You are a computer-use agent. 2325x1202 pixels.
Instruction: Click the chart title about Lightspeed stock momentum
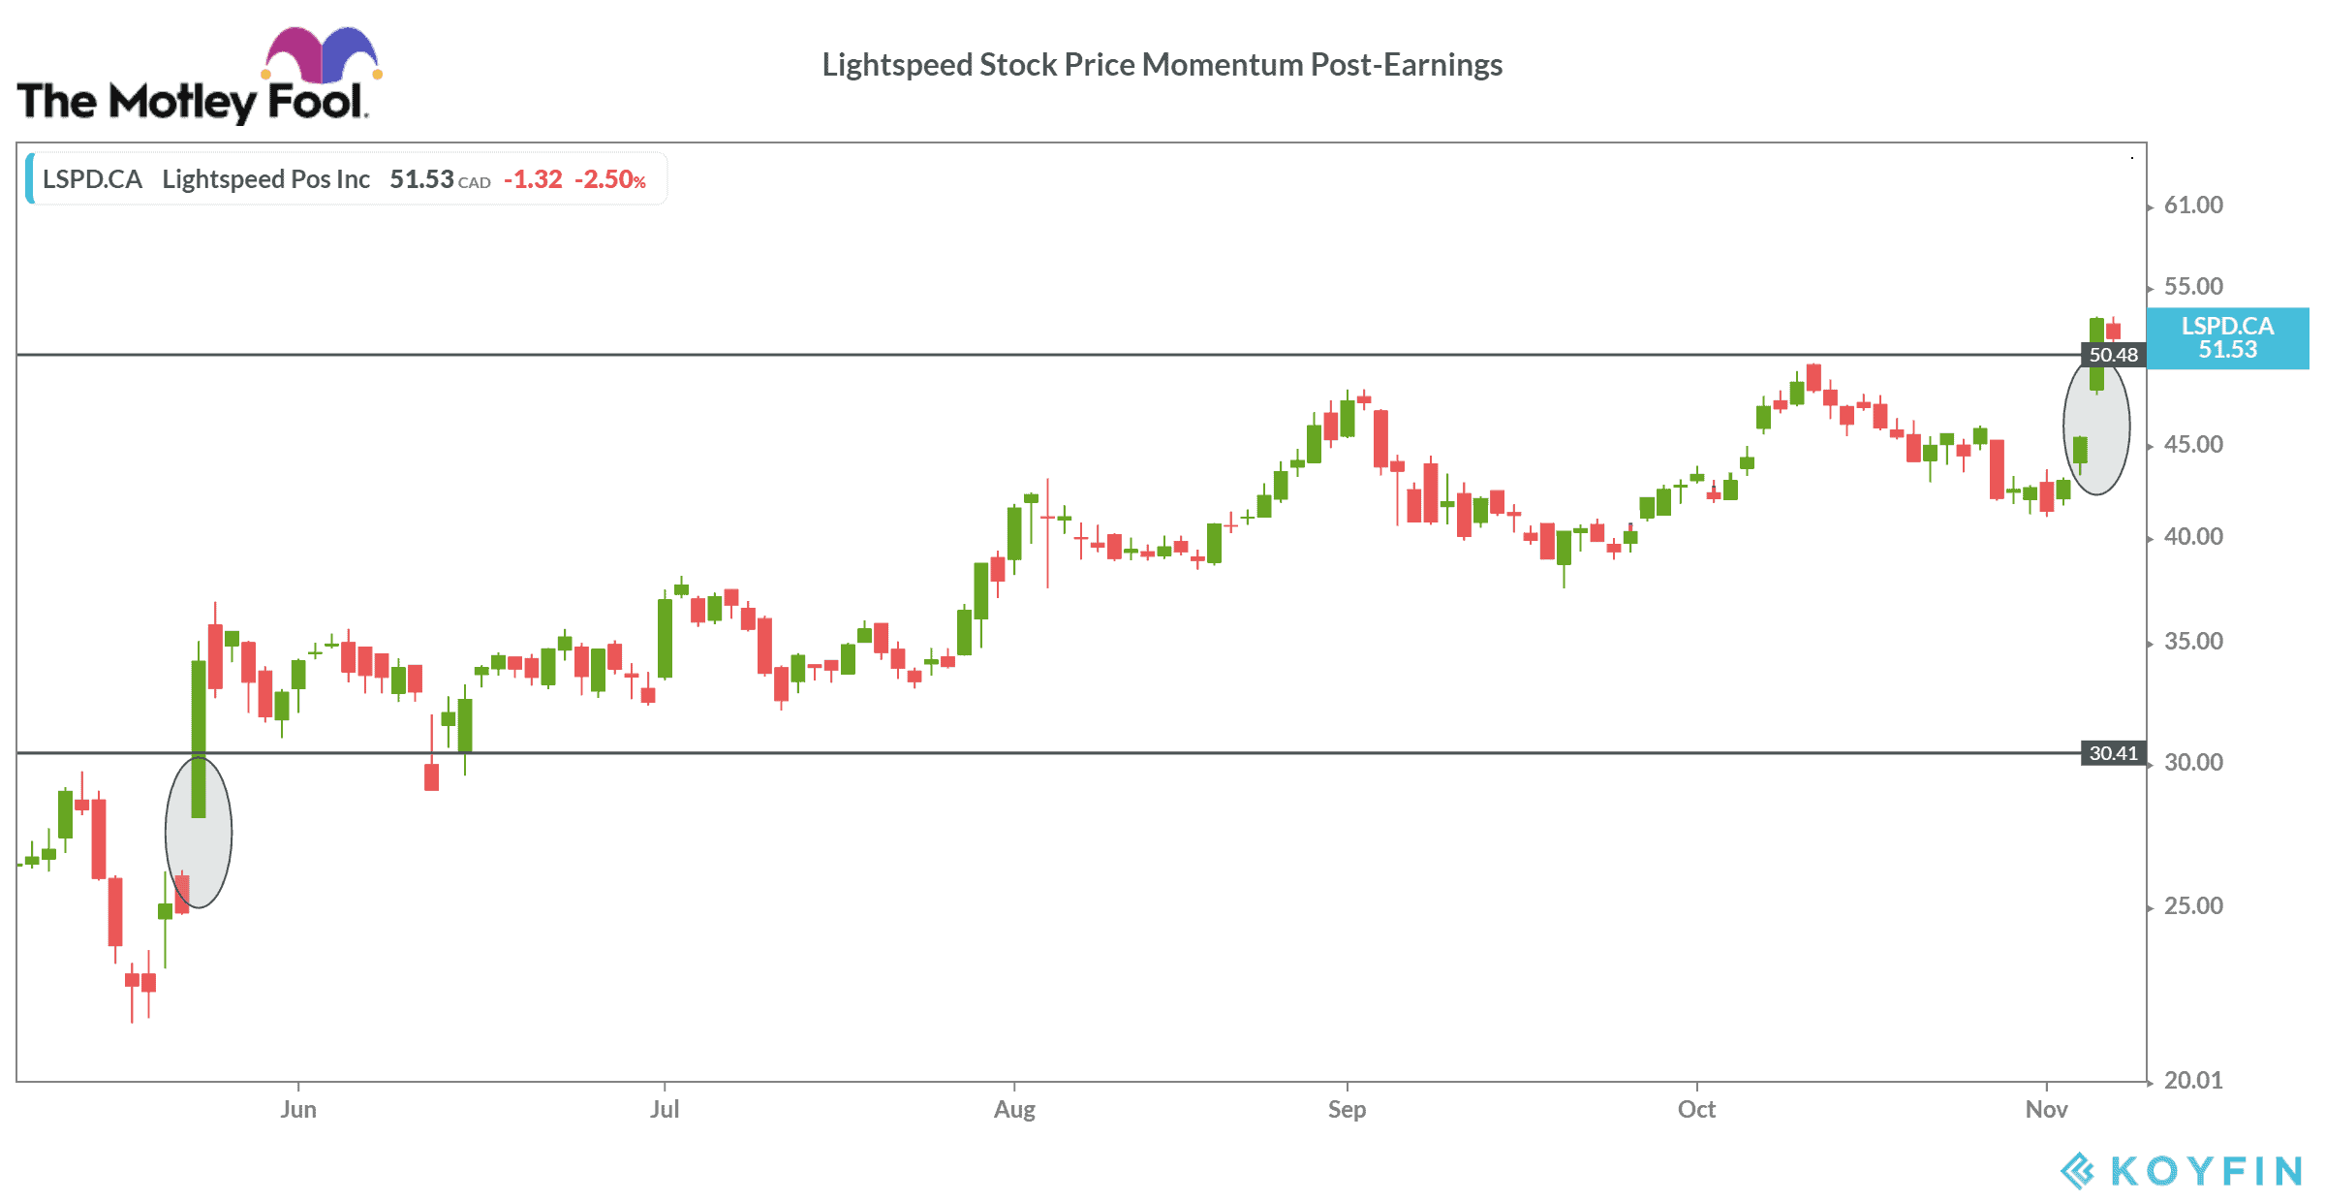[1162, 65]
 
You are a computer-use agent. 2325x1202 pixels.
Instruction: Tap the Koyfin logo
[2181, 1171]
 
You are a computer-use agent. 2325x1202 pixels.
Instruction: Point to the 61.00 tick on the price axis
[2193, 206]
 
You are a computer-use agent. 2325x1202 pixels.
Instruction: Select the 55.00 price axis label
[2193, 287]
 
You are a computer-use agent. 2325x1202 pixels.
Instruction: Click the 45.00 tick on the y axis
[2193, 445]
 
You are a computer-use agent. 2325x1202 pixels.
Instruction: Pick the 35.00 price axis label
[2193, 642]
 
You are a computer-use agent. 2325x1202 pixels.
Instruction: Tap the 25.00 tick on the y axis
[2193, 906]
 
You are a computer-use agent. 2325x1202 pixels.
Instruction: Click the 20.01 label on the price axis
[2193, 1081]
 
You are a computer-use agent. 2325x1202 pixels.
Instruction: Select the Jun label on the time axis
[298, 1110]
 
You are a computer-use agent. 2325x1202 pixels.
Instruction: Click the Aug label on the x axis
[1014, 1110]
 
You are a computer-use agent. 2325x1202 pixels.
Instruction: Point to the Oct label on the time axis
[1696, 1110]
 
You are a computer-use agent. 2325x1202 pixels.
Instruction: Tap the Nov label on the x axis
[2046, 1110]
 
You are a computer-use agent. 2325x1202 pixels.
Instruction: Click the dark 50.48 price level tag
[2113, 355]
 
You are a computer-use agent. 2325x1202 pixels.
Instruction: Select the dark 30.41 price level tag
[2113, 753]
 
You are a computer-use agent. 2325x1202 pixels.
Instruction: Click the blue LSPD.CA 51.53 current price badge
[2227, 338]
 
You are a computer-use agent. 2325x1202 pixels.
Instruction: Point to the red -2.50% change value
[610, 180]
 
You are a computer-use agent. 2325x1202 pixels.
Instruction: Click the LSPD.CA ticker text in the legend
[92, 180]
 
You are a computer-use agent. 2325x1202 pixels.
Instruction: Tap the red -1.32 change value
[533, 180]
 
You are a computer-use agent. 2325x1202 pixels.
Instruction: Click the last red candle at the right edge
[2113, 331]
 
